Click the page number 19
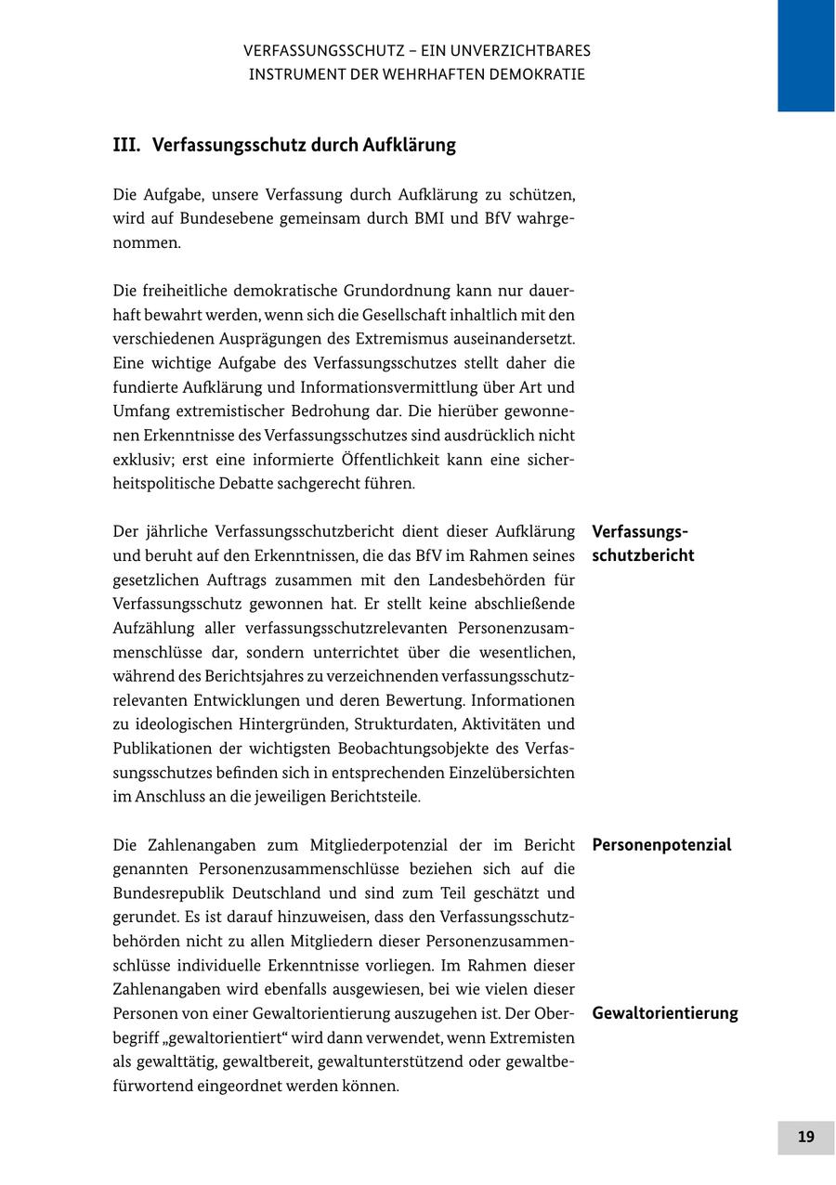pos(805,1137)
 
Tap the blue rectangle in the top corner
pos(805,55)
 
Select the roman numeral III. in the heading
pos(126,145)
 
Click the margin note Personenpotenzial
pos(661,845)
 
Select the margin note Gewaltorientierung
pos(665,1013)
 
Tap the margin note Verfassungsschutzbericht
pos(643,544)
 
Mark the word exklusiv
pos(141,460)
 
